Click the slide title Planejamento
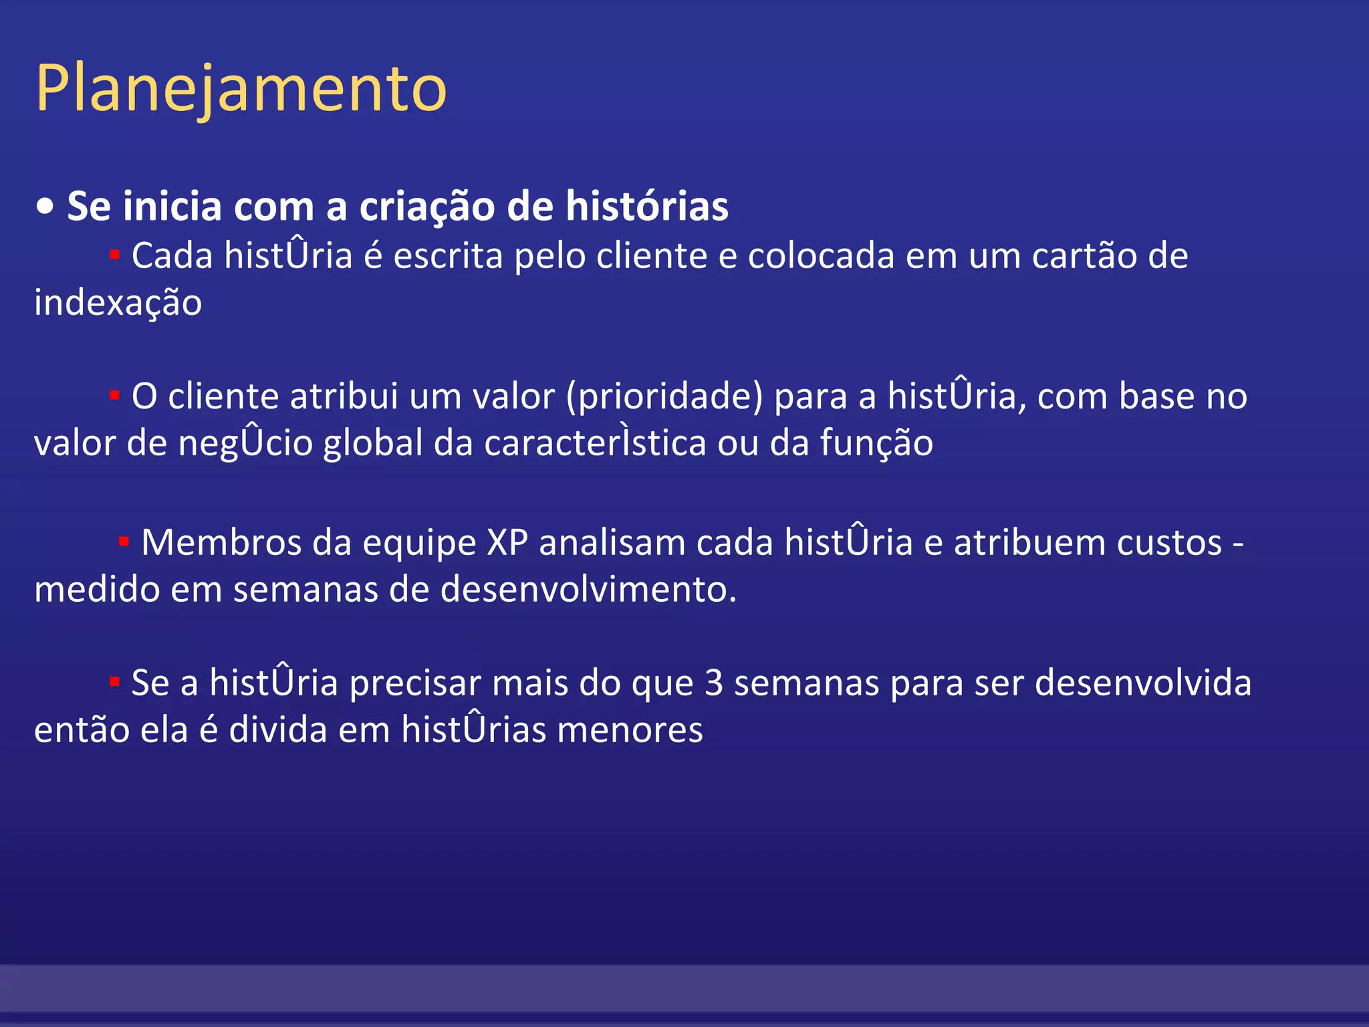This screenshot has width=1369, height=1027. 241,89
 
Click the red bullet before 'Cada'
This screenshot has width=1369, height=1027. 114,255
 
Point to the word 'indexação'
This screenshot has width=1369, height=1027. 118,303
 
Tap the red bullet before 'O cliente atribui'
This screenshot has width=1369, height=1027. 114,396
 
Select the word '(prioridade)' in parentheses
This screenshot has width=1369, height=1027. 664,397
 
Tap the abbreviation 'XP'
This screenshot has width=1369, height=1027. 507,542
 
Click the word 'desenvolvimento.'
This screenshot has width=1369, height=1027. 588,590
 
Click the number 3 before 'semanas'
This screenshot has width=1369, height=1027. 714,683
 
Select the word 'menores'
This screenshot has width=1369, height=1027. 630,730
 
